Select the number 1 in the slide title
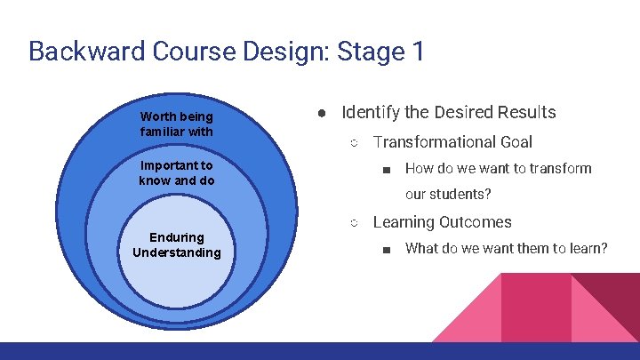pyautogui.click(x=418, y=51)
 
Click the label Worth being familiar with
pyautogui.click(x=176, y=124)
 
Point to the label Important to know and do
pyautogui.click(x=176, y=173)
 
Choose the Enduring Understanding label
pyautogui.click(x=176, y=244)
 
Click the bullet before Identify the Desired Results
pyautogui.click(x=325, y=113)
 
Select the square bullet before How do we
pyautogui.click(x=386, y=169)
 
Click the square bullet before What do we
pyautogui.click(x=386, y=249)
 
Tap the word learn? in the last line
pyautogui.click(x=587, y=248)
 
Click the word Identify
pyautogui.click(x=370, y=113)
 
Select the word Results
pyautogui.click(x=527, y=113)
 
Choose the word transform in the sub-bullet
pyautogui.click(x=562, y=168)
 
